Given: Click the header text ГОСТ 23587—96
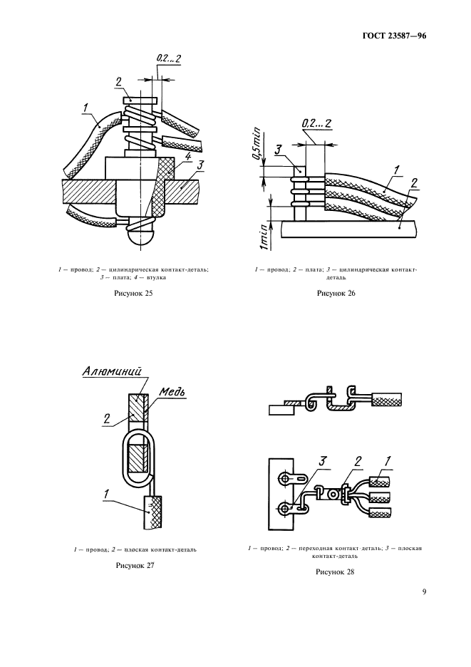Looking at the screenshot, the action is [394, 36].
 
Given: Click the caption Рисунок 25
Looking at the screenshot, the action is [133, 293].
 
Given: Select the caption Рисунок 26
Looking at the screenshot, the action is [336, 293].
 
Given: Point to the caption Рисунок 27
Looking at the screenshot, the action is [135, 565].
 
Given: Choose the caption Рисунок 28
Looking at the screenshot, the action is [335, 572].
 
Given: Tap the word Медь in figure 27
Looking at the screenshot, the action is [172, 392].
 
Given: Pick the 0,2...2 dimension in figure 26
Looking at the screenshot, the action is [316, 123].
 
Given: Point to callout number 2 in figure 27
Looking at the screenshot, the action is [106, 418].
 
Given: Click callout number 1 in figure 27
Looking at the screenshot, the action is [106, 494].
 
